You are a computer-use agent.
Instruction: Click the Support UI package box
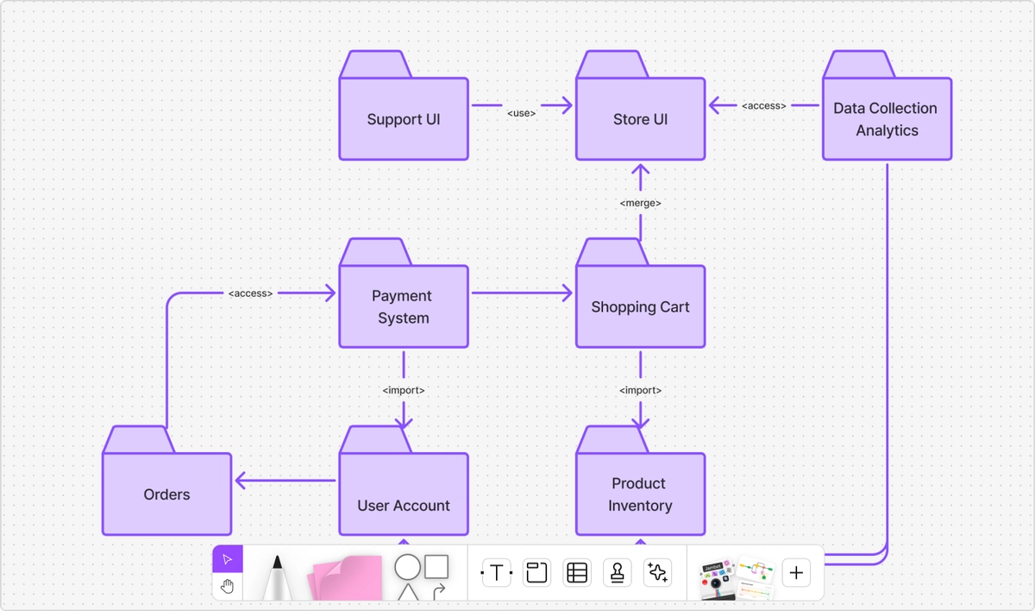[404, 119]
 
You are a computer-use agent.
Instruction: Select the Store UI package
[640, 119]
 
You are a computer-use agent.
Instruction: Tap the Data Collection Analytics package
[886, 119]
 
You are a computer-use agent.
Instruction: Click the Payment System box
[403, 306]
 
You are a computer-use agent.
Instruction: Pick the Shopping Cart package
[640, 306]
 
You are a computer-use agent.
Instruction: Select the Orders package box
[166, 494]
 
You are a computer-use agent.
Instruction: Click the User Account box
[404, 494]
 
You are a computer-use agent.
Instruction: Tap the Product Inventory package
[640, 494]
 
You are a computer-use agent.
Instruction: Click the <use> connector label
[521, 113]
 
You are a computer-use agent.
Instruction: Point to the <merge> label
[640, 203]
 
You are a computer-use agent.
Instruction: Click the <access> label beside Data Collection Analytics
[763, 106]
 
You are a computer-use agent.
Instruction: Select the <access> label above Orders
[250, 293]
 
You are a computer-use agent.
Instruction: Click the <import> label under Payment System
[403, 390]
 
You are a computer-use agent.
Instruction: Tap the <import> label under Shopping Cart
[640, 390]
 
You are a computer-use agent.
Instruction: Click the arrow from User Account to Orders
[285, 481]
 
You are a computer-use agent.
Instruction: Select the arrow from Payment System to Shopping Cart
[521, 293]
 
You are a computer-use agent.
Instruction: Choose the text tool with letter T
[496, 572]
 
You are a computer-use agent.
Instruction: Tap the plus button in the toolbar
[795, 572]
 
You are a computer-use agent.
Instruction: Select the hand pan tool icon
[228, 587]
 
